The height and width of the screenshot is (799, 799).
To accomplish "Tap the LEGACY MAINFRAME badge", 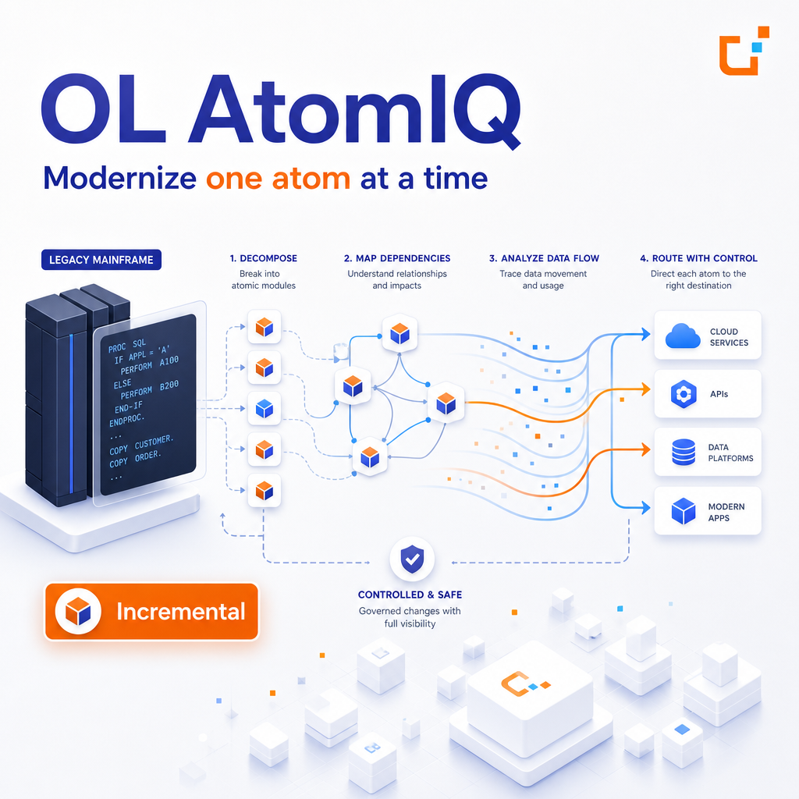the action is pyautogui.click(x=101, y=260).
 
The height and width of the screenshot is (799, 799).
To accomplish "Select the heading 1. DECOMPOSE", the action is pyautogui.click(x=264, y=258).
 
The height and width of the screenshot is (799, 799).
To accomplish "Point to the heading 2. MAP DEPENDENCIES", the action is pyautogui.click(x=397, y=258).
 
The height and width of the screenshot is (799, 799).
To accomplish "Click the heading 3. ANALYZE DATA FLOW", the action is pyautogui.click(x=544, y=258).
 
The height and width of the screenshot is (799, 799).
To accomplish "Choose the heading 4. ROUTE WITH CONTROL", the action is pyautogui.click(x=698, y=258).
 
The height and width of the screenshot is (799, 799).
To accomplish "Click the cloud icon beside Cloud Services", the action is pyautogui.click(x=683, y=336).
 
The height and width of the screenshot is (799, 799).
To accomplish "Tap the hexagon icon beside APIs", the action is pyautogui.click(x=684, y=394).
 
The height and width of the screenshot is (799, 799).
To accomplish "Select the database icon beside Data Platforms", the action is pyautogui.click(x=684, y=452).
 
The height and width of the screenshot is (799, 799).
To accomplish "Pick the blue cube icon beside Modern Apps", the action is pyautogui.click(x=684, y=511).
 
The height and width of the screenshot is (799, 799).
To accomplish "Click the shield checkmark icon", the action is pyautogui.click(x=412, y=559).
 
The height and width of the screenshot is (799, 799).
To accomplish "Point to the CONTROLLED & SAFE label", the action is pyautogui.click(x=410, y=595).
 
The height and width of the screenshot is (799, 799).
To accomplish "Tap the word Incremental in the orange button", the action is pyautogui.click(x=181, y=612).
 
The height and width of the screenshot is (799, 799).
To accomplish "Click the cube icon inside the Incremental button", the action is pyautogui.click(x=78, y=612).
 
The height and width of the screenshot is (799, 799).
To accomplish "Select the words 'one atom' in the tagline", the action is pyautogui.click(x=278, y=179).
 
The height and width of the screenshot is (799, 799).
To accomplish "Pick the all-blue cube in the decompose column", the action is pyautogui.click(x=265, y=409).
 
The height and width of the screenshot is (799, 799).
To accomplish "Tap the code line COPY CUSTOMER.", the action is pyautogui.click(x=141, y=445).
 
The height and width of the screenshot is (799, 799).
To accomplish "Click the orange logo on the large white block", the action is pyautogui.click(x=525, y=684).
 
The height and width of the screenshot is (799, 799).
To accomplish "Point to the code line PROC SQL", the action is pyautogui.click(x=127, y=346).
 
